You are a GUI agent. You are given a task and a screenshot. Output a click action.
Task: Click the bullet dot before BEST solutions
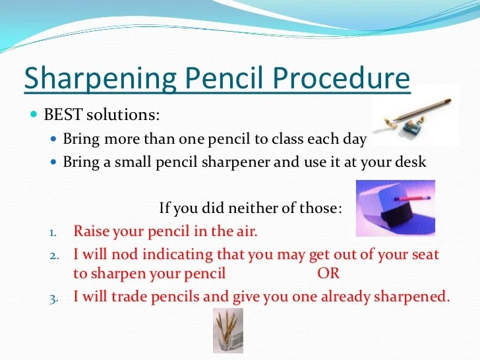coord(34,114)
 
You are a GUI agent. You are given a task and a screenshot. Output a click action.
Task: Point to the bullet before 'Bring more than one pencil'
coord(55,140)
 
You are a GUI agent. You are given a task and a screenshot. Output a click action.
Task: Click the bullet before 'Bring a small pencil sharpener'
coord(55,162)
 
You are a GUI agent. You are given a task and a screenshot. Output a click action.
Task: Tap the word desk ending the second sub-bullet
coord(411,162)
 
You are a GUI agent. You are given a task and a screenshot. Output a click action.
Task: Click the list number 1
coord(53,232)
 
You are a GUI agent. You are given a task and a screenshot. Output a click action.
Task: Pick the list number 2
coord(53,255)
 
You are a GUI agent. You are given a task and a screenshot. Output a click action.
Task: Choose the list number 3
coord(53,298)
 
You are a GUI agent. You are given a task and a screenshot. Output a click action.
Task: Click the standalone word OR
coord(328,274)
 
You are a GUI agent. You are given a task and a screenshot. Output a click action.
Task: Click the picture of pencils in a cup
coord(227,331)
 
